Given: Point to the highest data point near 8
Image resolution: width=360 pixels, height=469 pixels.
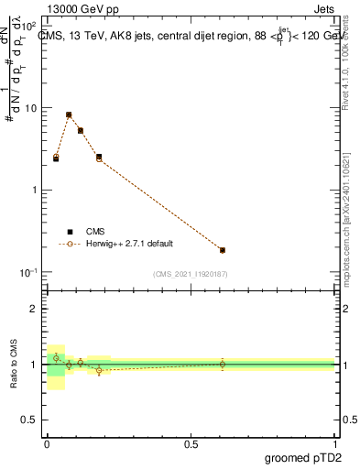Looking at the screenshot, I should [69, 115].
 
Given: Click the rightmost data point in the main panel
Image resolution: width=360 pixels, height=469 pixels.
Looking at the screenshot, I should [223, 250].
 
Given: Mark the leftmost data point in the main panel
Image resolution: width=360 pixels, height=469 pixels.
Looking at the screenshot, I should [56, 158].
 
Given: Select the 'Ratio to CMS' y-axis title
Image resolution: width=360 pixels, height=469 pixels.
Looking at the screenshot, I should [15, 365].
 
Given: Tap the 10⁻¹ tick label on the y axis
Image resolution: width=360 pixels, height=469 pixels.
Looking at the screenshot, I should [30, 273].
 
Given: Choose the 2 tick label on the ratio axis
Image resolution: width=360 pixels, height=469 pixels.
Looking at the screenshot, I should [35, 309].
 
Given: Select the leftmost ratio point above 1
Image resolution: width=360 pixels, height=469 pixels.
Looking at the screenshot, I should [56, 357].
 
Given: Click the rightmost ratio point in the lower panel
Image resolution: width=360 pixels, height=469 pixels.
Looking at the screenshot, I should [223, 364].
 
